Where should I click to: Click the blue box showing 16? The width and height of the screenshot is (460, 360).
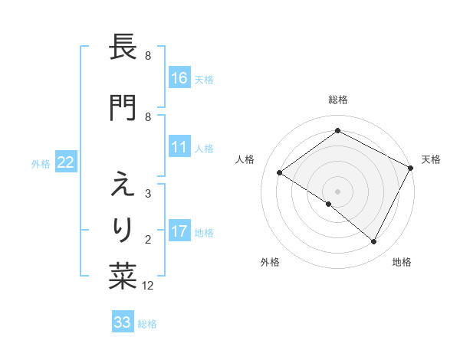click(x=179, y=77)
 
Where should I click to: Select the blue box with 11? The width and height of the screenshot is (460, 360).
click(x=179, y=147)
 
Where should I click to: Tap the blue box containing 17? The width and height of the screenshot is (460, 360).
click(x=179, y=231)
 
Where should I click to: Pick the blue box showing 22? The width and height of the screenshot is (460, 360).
click(x=66, y=162)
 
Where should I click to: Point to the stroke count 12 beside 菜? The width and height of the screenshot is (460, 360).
click(x=148, y=286)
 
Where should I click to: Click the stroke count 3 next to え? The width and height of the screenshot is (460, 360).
click(x=148, y=193)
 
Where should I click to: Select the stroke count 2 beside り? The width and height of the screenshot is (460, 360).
click(x=148, y=240)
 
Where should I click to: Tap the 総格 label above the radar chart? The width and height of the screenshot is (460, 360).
click(x=338, y=100)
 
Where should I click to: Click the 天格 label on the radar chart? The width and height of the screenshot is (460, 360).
click(x=431, y=159)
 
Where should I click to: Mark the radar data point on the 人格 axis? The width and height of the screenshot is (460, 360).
click(x=280, y=172)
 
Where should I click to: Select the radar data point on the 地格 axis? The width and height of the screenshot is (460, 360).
click(x=374, y=241)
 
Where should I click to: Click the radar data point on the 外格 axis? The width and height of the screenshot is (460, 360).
click(x=329, y=204)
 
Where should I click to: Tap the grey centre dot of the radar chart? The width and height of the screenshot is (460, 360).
click(x=338, y=191)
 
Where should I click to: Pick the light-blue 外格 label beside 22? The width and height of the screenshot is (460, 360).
click(x=41, y=162)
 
